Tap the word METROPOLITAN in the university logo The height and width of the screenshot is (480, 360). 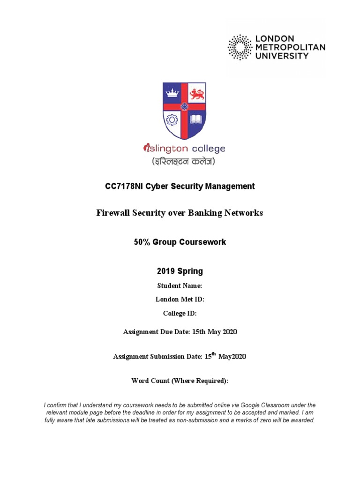(x=290, y=47)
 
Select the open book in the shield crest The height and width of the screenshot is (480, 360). (x=197, y=120)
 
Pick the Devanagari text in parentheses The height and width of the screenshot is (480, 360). (x=183, y=162)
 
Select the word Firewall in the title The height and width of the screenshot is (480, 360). (x=113, y=213)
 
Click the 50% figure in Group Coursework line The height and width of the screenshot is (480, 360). (x=143, y=242)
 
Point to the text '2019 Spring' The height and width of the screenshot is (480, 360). (x=180, y=271)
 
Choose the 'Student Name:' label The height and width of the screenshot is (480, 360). (x=180, y=285)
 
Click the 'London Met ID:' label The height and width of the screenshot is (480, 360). (x=180, y=300)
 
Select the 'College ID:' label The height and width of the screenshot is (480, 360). (x=180, y=314)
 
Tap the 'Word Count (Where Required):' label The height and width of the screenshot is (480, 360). (x=180, y=381)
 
